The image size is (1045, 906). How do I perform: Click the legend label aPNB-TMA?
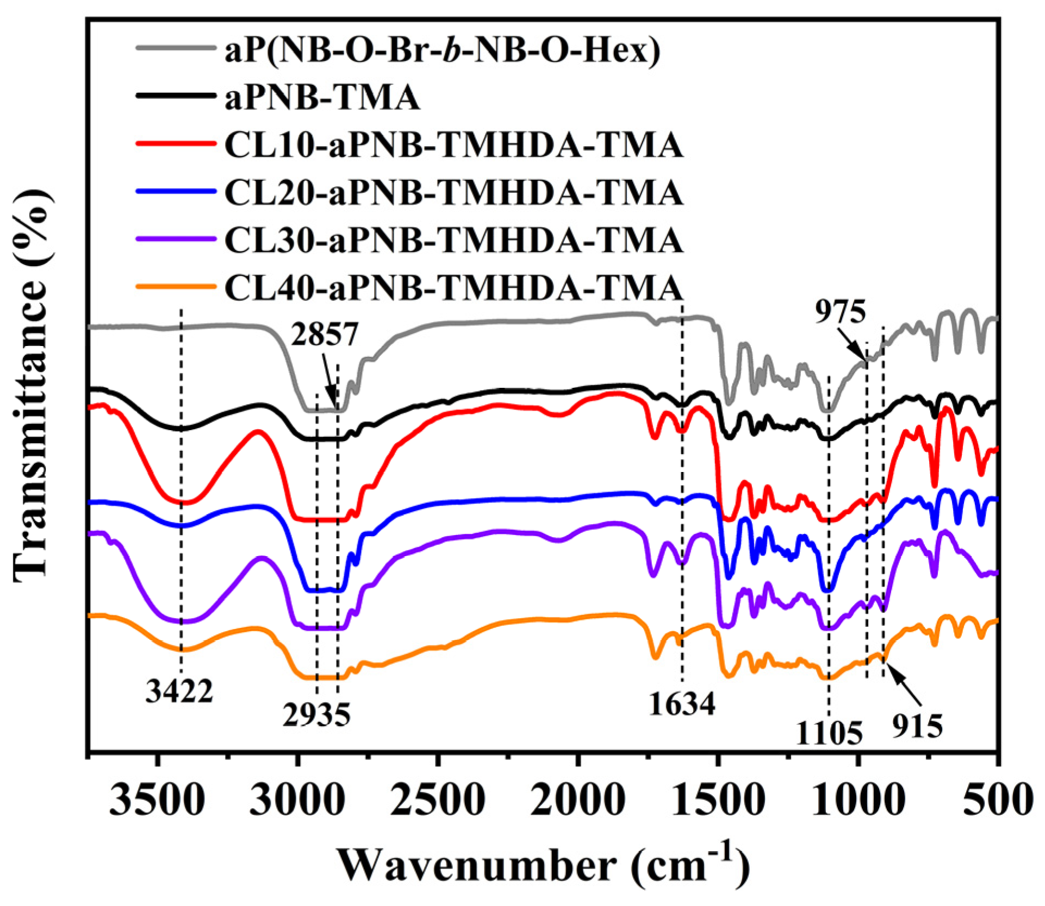pos(322,98)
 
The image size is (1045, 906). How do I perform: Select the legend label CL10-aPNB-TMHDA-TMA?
pos(453,146)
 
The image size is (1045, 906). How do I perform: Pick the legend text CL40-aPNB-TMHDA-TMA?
pos(453,288)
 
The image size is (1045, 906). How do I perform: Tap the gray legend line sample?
pos(175,49)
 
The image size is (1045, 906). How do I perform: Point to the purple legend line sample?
pos(175,239)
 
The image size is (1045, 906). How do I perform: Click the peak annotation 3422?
pos(179,692)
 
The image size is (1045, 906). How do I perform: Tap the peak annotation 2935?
pos(316,715)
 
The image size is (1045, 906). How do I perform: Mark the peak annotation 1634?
pos(682,704)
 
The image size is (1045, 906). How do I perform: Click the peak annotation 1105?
pos(829,734)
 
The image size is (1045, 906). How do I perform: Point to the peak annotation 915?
pos(917,726)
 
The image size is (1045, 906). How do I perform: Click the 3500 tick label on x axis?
pos(157,801)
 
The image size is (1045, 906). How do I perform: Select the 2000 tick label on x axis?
pos(578,801)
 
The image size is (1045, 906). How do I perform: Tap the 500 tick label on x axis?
pos(998,801)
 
